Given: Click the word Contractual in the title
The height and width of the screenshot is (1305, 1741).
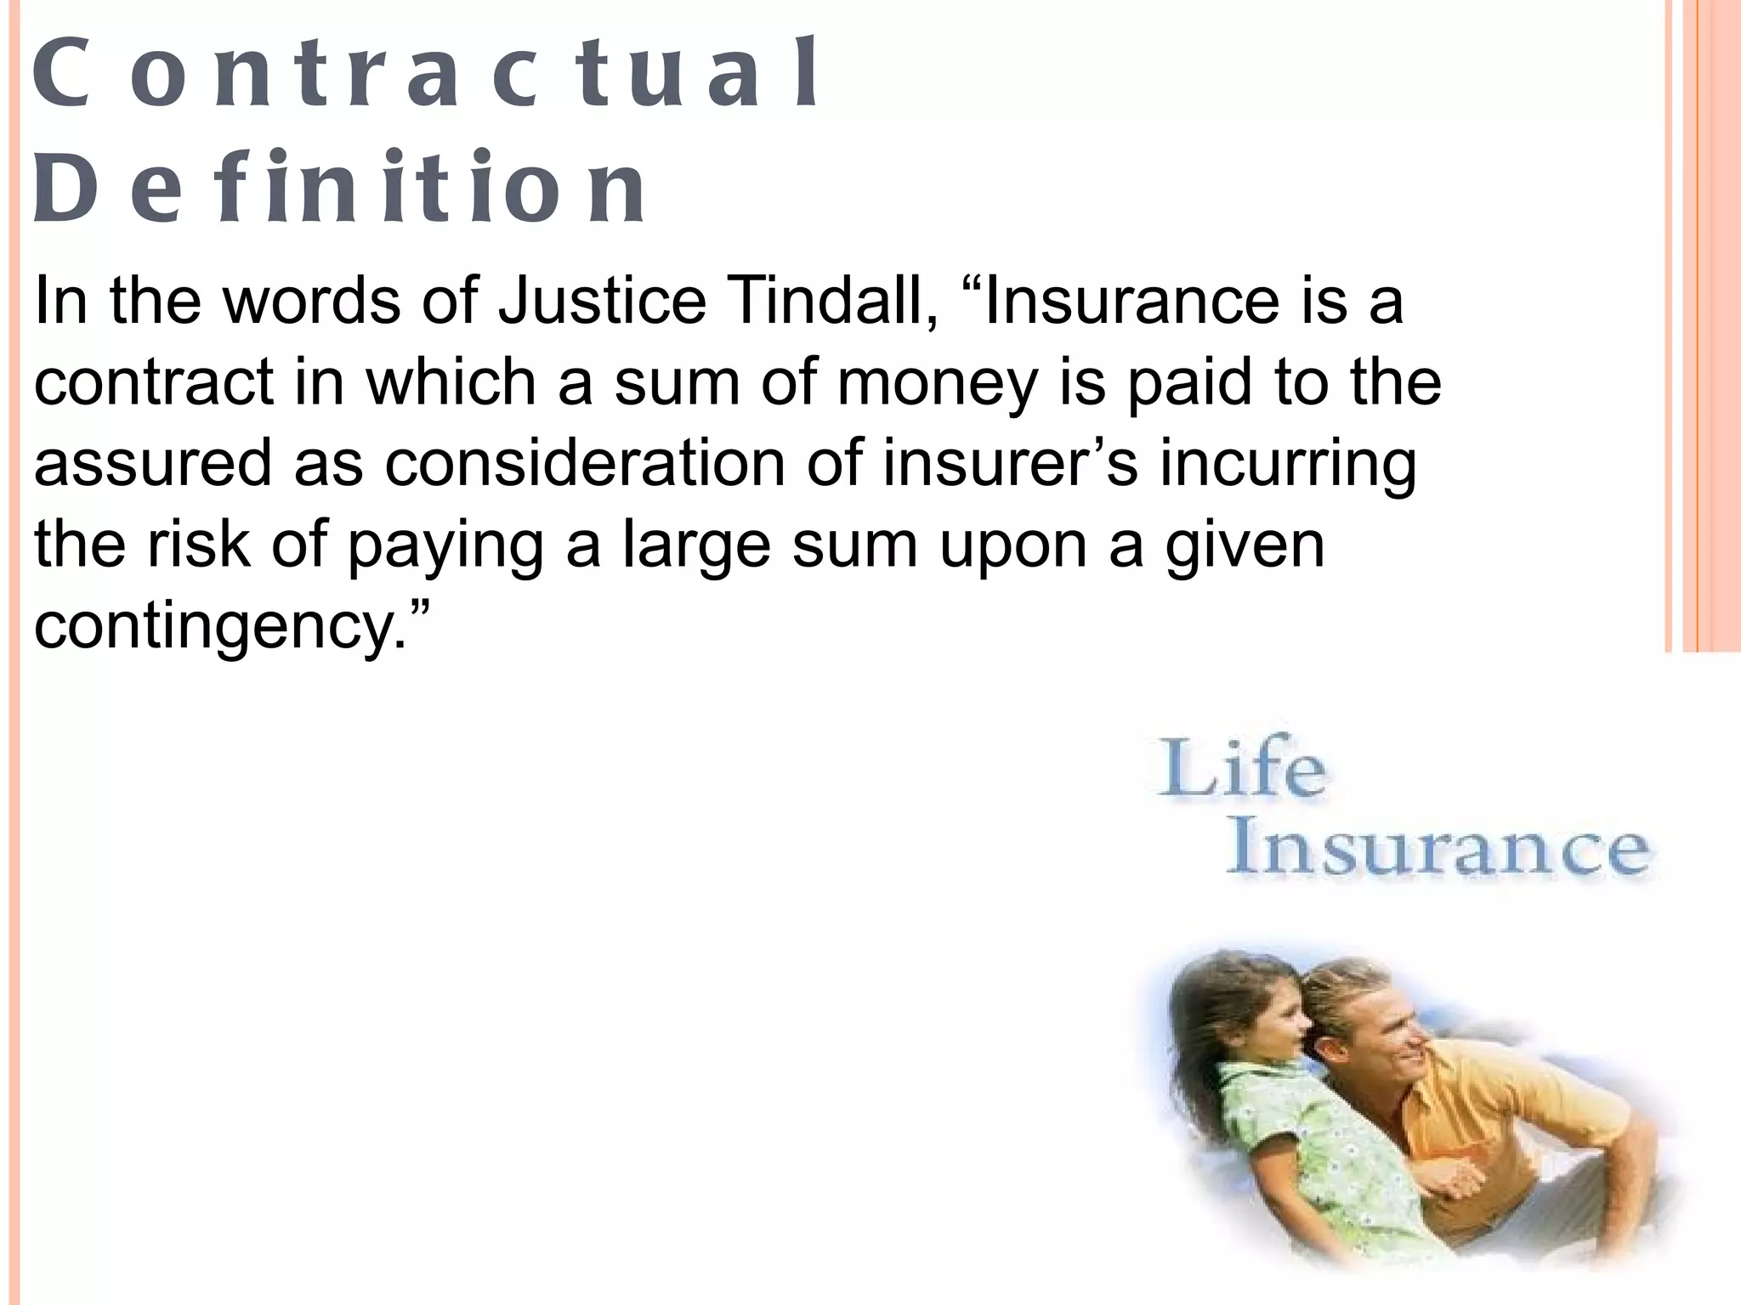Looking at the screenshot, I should pyautogui.click(x=425, y=75).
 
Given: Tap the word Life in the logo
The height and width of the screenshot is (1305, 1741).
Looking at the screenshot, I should pyautogui.click(x=1241, y=770).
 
